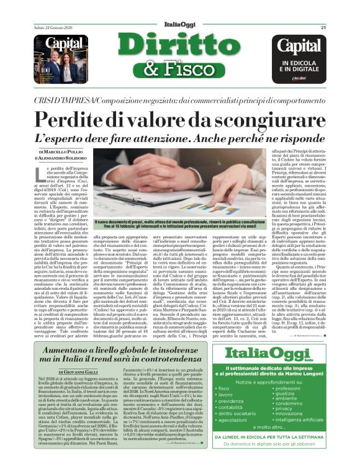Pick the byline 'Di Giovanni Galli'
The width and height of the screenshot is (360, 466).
[68, 372]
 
